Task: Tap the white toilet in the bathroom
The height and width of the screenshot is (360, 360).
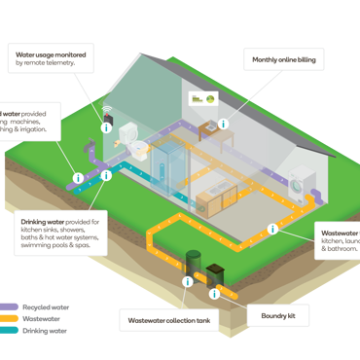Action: [x=142, y=152]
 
